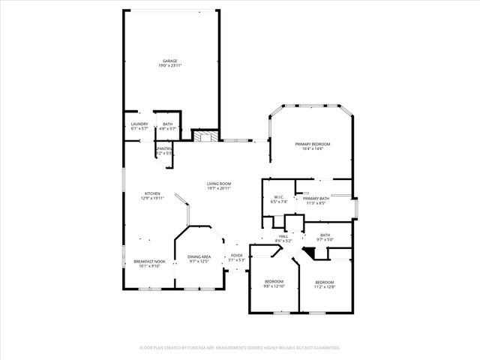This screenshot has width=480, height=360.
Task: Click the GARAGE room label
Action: (170, 61)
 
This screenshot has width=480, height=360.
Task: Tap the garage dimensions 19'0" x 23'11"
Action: (170, 66)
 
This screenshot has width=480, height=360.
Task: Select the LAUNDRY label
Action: (139, 124)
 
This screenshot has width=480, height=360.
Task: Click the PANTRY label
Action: (164, 148)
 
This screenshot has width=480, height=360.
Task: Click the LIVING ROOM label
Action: (219, 184)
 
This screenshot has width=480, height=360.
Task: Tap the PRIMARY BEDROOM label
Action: (312, 143)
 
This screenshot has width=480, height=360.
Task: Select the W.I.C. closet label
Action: (279, 196)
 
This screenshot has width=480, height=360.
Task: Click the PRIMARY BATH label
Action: (316, 197)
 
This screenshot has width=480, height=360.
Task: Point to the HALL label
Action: (283, 236)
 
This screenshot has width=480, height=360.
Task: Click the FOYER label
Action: (237, 256)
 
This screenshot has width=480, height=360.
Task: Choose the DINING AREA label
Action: (199, 256)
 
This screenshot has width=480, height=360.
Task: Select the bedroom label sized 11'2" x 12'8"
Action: (323, 283)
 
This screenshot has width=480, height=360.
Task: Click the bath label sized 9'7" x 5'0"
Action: (325, 237)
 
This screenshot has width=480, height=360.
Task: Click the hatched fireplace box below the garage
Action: (205, 136)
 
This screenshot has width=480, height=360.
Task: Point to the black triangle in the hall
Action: (307, 253)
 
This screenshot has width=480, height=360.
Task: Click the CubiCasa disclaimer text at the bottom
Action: (240, 347)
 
